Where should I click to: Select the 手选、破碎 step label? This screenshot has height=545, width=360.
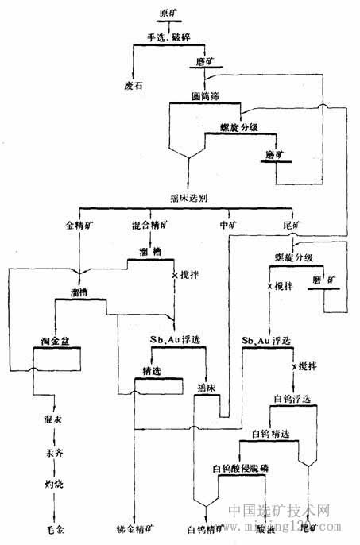[x=169, y=37]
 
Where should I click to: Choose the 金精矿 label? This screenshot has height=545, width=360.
[x=80, y=225]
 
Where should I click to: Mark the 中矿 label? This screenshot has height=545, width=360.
[x=227, y=225]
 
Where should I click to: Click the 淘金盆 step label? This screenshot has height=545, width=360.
[x=57, y=342]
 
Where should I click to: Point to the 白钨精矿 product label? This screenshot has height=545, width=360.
[x=201, y=528]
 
